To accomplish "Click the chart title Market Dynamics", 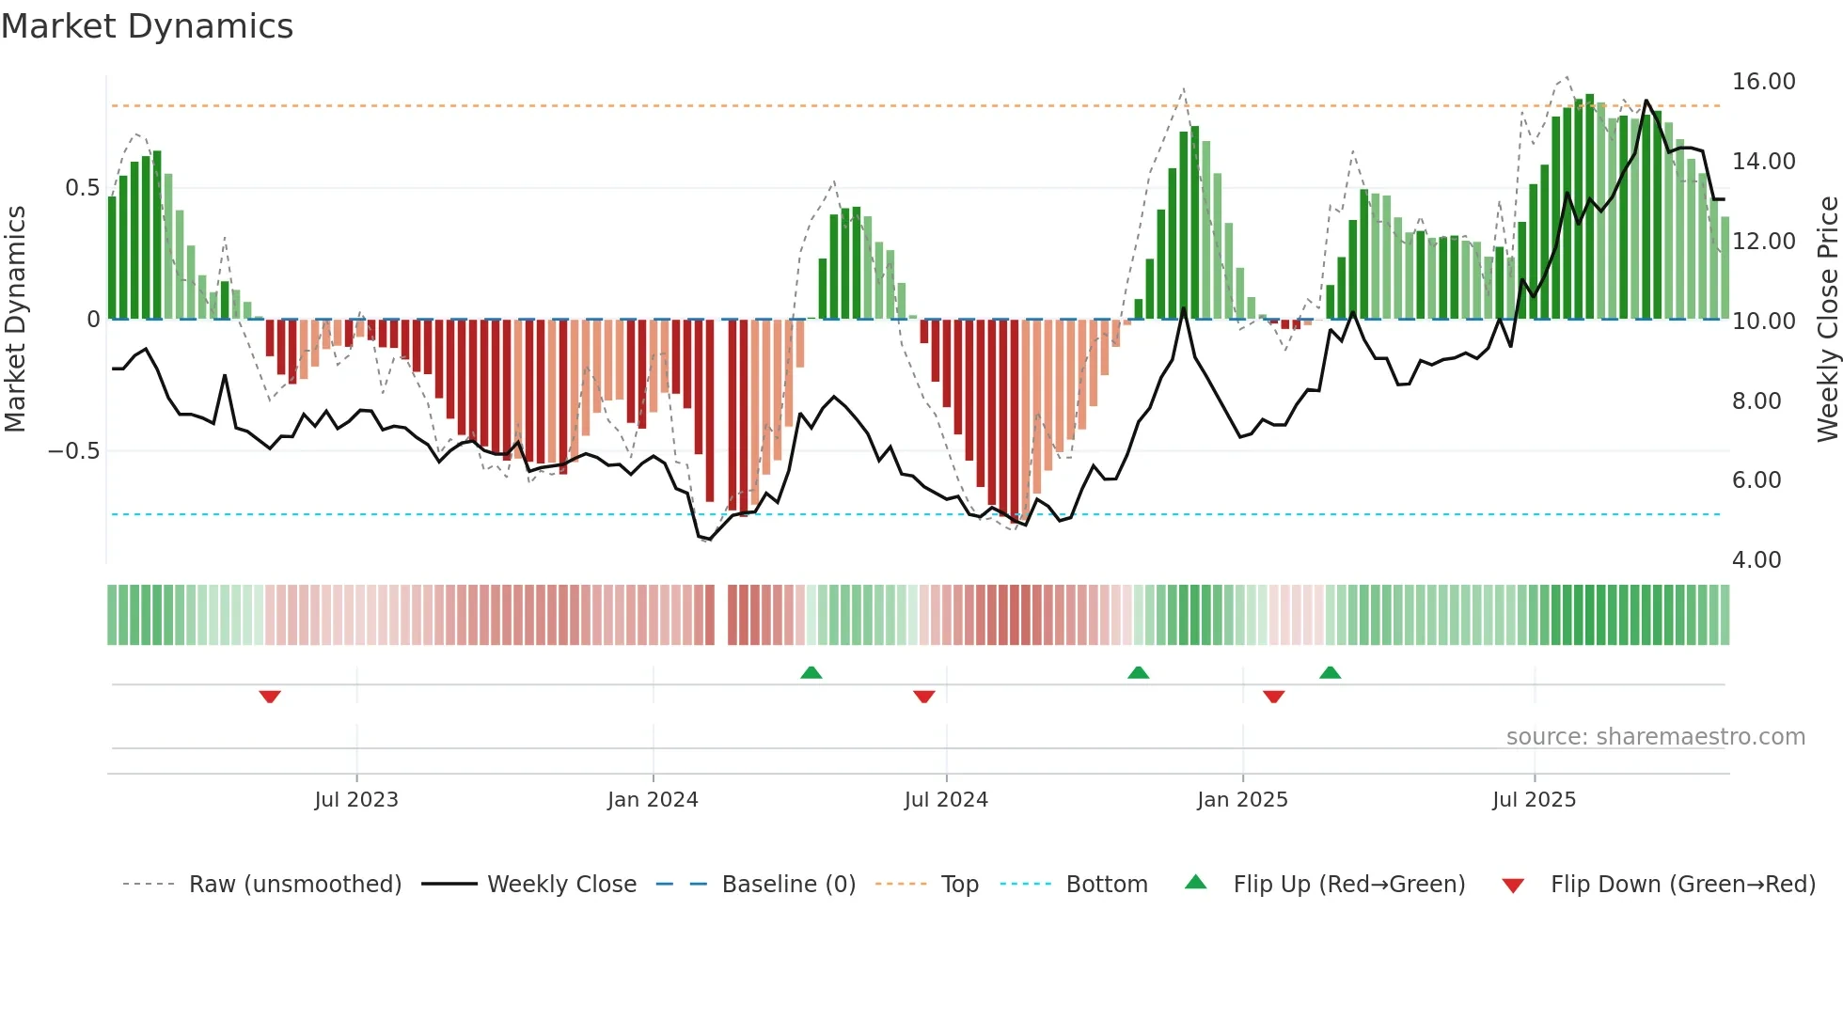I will click(x=148, y=26).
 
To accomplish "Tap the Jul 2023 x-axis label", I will click(x=356, y=800).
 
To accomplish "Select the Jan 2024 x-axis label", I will click(x=653, y=800).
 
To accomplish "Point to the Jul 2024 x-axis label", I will click(x=946, y=800).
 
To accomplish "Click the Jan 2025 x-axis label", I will click(x=1242, y=800).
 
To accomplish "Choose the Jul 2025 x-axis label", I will click(x=1534, y=800).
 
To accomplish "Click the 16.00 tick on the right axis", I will click(x=1763, y=82).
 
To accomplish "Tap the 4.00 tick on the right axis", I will click(x=1756, y=560).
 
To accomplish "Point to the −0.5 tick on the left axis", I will click(x=73, y=451).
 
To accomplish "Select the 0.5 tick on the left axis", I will click(x=82, y=188).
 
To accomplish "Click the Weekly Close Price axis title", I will click(x=1827, y=320).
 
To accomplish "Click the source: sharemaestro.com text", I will click(x=1655, y=737).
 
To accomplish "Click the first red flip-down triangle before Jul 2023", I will click(x=270, y=697).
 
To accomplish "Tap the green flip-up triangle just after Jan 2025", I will click(x=1330, y=672).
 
